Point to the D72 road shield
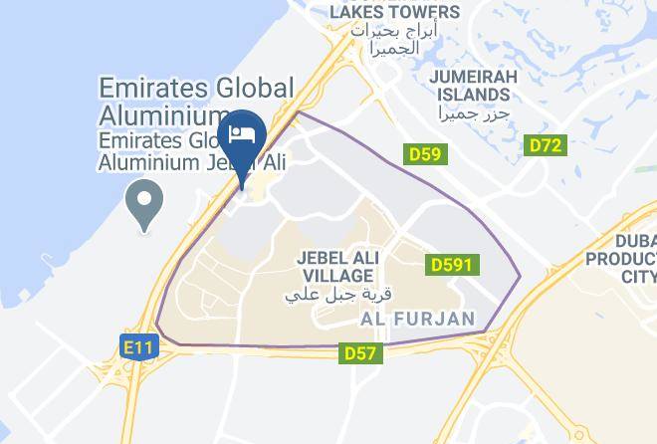pos(546,145)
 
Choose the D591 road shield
pos(453,265)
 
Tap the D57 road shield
pos(359,352)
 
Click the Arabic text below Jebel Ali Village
pos(338,296)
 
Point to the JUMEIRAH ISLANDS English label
pos(470,86)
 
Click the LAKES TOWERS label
pos(395,12)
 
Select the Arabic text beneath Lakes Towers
pos(394,39)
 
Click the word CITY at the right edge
pos(637,276)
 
